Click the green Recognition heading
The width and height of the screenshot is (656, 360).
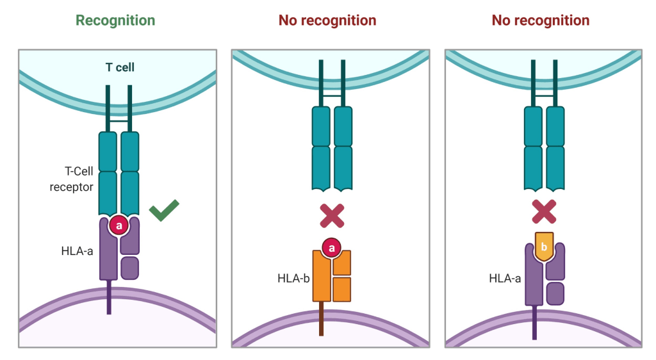115,20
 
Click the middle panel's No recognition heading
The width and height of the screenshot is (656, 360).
327,20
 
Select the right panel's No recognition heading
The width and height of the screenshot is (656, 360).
540,20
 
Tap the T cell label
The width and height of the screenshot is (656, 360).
120,67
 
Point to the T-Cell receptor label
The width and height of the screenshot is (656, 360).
72,179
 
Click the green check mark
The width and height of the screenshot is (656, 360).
164,211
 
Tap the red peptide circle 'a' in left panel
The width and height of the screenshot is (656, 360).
119,225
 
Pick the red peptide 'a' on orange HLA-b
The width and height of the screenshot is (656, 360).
331,247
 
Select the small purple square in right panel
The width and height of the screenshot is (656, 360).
555,293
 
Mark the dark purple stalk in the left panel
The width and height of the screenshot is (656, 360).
109,297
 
